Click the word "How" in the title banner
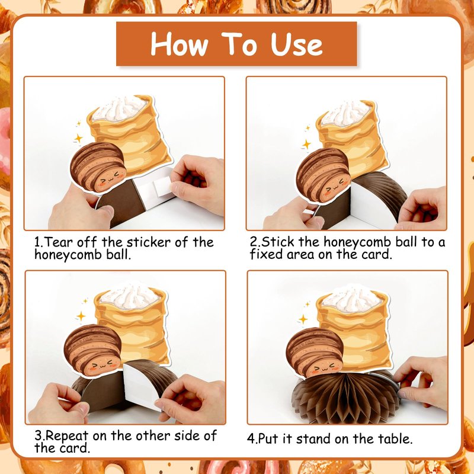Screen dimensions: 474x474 pos(180,44)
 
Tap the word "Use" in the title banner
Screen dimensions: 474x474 pos(297,44)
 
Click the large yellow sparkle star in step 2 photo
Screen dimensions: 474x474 pos(306,144)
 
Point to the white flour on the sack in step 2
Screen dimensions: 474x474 pos(345,113)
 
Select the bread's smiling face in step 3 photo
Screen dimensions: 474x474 pos(101,365)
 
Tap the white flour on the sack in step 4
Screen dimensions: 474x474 pos(351,299)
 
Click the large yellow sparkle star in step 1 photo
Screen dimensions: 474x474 pos(78,139)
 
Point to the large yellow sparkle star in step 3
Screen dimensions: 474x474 pos(81,316)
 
